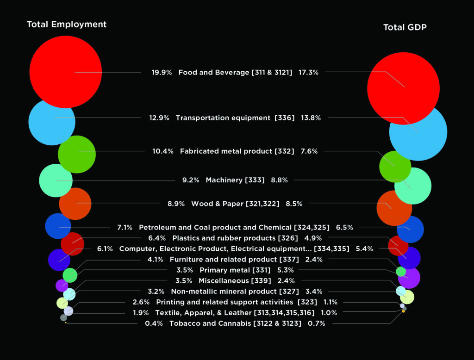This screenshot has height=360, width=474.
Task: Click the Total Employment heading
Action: [x=67, y=25]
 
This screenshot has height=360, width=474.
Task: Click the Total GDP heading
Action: [x=405, y=28]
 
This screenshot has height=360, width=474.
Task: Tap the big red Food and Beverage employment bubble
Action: [x=65, y=72]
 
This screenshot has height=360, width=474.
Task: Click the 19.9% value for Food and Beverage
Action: [x=162, y=73]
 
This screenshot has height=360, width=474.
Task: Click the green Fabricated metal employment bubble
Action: [x=77, y=155]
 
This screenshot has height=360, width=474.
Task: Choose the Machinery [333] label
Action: [x=235, y=180]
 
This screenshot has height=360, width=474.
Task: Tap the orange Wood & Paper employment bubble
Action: [x=75, y=204]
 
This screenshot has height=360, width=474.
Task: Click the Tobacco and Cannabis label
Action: [x=235, y=323]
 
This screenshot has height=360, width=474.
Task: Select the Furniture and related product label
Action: [x=234, y=260]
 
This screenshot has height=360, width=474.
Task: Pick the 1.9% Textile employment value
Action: [x=141, y=313]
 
